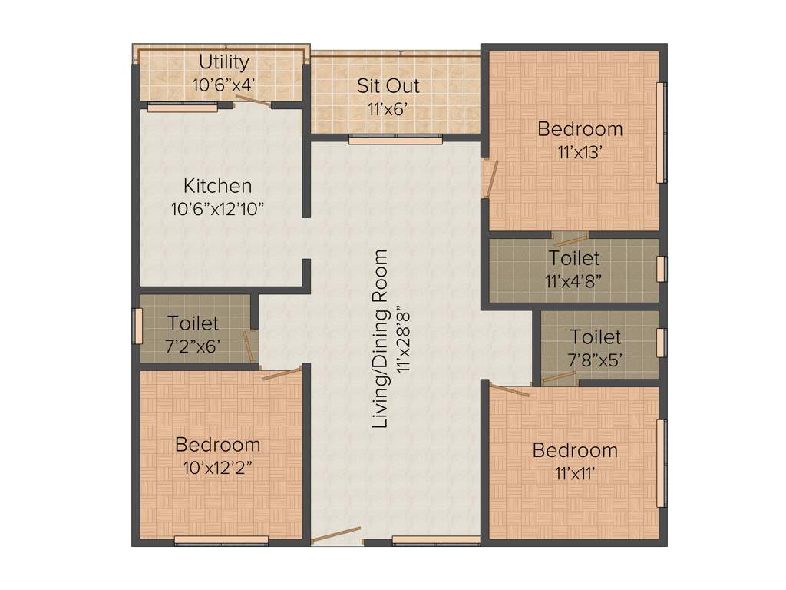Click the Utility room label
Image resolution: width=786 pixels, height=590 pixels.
click(x=224, y=62)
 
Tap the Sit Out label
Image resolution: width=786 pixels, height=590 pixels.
click(x=388, y=85)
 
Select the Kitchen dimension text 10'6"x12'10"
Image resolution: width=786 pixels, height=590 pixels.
click(x=217, y=208)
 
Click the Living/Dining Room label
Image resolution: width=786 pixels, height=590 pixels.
click(x=380, y=339)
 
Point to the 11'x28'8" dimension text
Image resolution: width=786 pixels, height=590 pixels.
click(x=402, y=339)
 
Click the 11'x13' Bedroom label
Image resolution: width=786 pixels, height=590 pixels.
click(x=580, y=129)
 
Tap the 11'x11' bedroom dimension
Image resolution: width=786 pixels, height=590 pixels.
click(x=575, y=472)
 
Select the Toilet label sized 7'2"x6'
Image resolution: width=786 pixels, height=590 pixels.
click(x=193, y=324)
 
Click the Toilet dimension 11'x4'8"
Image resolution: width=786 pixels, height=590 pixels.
click(x=573, y=280)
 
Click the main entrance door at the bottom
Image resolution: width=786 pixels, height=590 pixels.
click(x=336, y=535)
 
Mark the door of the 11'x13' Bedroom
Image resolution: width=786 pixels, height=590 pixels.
click(x=489, y=178)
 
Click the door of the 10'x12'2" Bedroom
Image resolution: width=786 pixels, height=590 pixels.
click(x=282, y=374)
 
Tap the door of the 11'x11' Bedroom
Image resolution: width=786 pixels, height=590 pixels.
click(x=510, y=390)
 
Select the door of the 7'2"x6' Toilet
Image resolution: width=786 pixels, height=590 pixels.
click(x=249, y=345)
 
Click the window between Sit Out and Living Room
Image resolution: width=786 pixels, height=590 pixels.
click(x=395, y=141)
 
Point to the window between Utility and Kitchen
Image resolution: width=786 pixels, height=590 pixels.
click(x=183, y=108)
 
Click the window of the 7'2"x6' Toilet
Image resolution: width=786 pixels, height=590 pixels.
click(x=138, y=326)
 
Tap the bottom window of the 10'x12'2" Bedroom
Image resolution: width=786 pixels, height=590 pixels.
click(x=221, y=540)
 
